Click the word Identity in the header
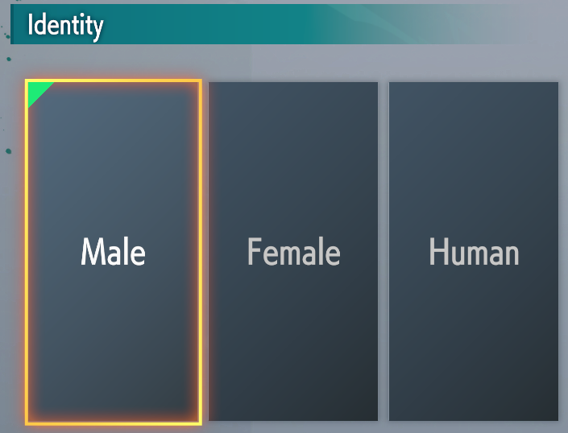point(65,25)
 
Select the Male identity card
point(114,252)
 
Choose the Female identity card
point(293,251)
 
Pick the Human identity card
point(474,251)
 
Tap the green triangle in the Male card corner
point(37,91)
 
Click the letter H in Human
point(438,252)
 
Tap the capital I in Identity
point(30,24)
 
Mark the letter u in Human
point(458,255)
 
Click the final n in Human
point(512,254)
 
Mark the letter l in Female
point(323,250)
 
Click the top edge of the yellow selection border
point(114,80)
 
